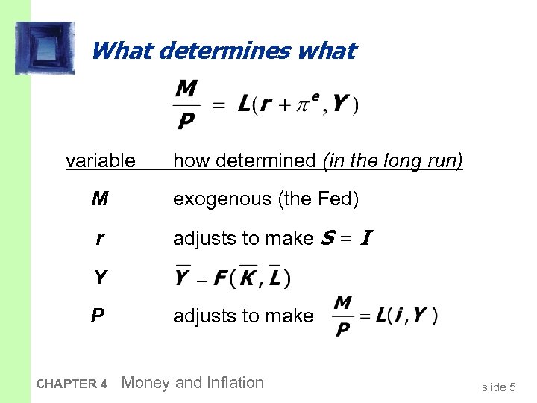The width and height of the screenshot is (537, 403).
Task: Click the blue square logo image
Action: click(44, 48)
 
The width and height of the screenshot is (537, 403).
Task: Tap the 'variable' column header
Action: click(101, 160)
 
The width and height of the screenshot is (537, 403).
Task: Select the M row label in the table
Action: click(100, 199)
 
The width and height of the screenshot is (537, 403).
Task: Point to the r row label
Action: click(100, 239)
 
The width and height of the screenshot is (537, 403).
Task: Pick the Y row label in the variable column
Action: click(100, 278)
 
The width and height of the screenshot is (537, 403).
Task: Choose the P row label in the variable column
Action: click(98, 316)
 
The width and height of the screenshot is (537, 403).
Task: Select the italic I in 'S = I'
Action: click(365, 238)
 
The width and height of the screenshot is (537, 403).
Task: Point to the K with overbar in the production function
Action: click(249, 278)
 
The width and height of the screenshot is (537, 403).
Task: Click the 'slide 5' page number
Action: click(499, 387)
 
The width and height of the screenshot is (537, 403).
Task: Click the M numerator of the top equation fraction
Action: click(186, 90)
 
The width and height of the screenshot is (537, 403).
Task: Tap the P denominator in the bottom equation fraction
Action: click(342, 329)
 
